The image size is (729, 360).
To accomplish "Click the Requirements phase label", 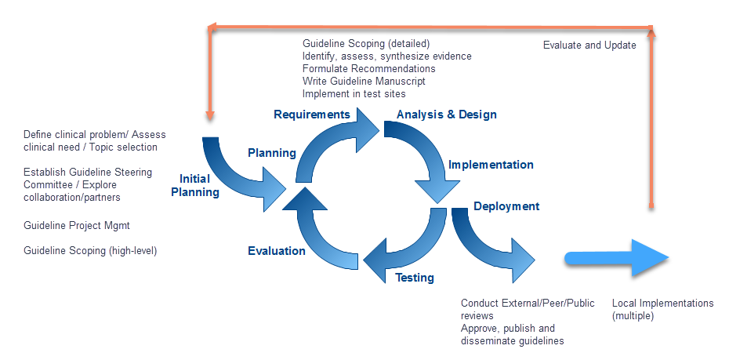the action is tap(311, 115).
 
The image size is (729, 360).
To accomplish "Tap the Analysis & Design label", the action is tap(446, 115).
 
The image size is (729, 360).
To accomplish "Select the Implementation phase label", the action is tap(491, 165).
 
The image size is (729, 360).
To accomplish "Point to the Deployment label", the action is tap(506, 206).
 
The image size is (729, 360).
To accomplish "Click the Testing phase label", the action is tap(414, 278).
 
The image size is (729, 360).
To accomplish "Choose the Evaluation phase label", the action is tap(276, 251).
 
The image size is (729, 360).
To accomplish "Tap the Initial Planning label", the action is tap(195, 186).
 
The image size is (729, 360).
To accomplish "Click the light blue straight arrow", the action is tap(616, 258).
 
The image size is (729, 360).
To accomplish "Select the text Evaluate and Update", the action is tap(589, 45).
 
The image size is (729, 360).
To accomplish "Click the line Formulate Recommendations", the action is tap(368, 69).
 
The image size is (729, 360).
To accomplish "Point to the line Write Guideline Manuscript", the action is tap(364, 82).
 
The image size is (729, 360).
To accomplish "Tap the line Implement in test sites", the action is tap(354, 94).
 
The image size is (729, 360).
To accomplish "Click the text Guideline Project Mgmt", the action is tap(77, 226).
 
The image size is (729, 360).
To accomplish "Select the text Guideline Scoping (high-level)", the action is tap(90, 251).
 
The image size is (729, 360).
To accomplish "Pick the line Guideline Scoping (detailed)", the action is tap(366, 44).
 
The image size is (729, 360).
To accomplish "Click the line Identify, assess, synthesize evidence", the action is tap(386, 56).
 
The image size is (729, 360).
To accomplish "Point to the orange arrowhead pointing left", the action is tap(212, 28).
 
